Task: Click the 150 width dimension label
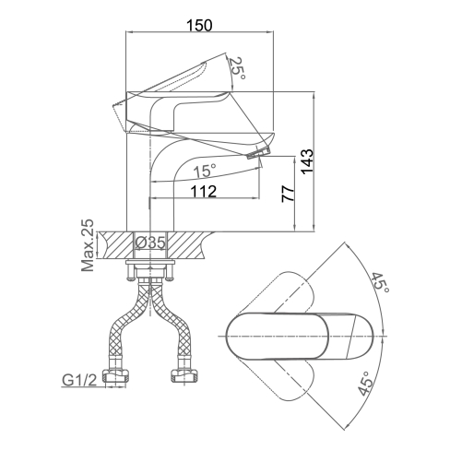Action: point(199,26)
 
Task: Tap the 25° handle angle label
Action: point(238,68)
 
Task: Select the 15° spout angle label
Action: point(205,171)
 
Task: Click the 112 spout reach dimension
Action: point(204,192)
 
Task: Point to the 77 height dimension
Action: point(289,194)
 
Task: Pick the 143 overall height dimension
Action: point(307,162)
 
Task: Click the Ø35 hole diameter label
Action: point(150,243)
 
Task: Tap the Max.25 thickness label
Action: point(88,245)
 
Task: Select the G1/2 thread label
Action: point(79,380)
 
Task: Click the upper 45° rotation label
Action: point(381,282)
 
